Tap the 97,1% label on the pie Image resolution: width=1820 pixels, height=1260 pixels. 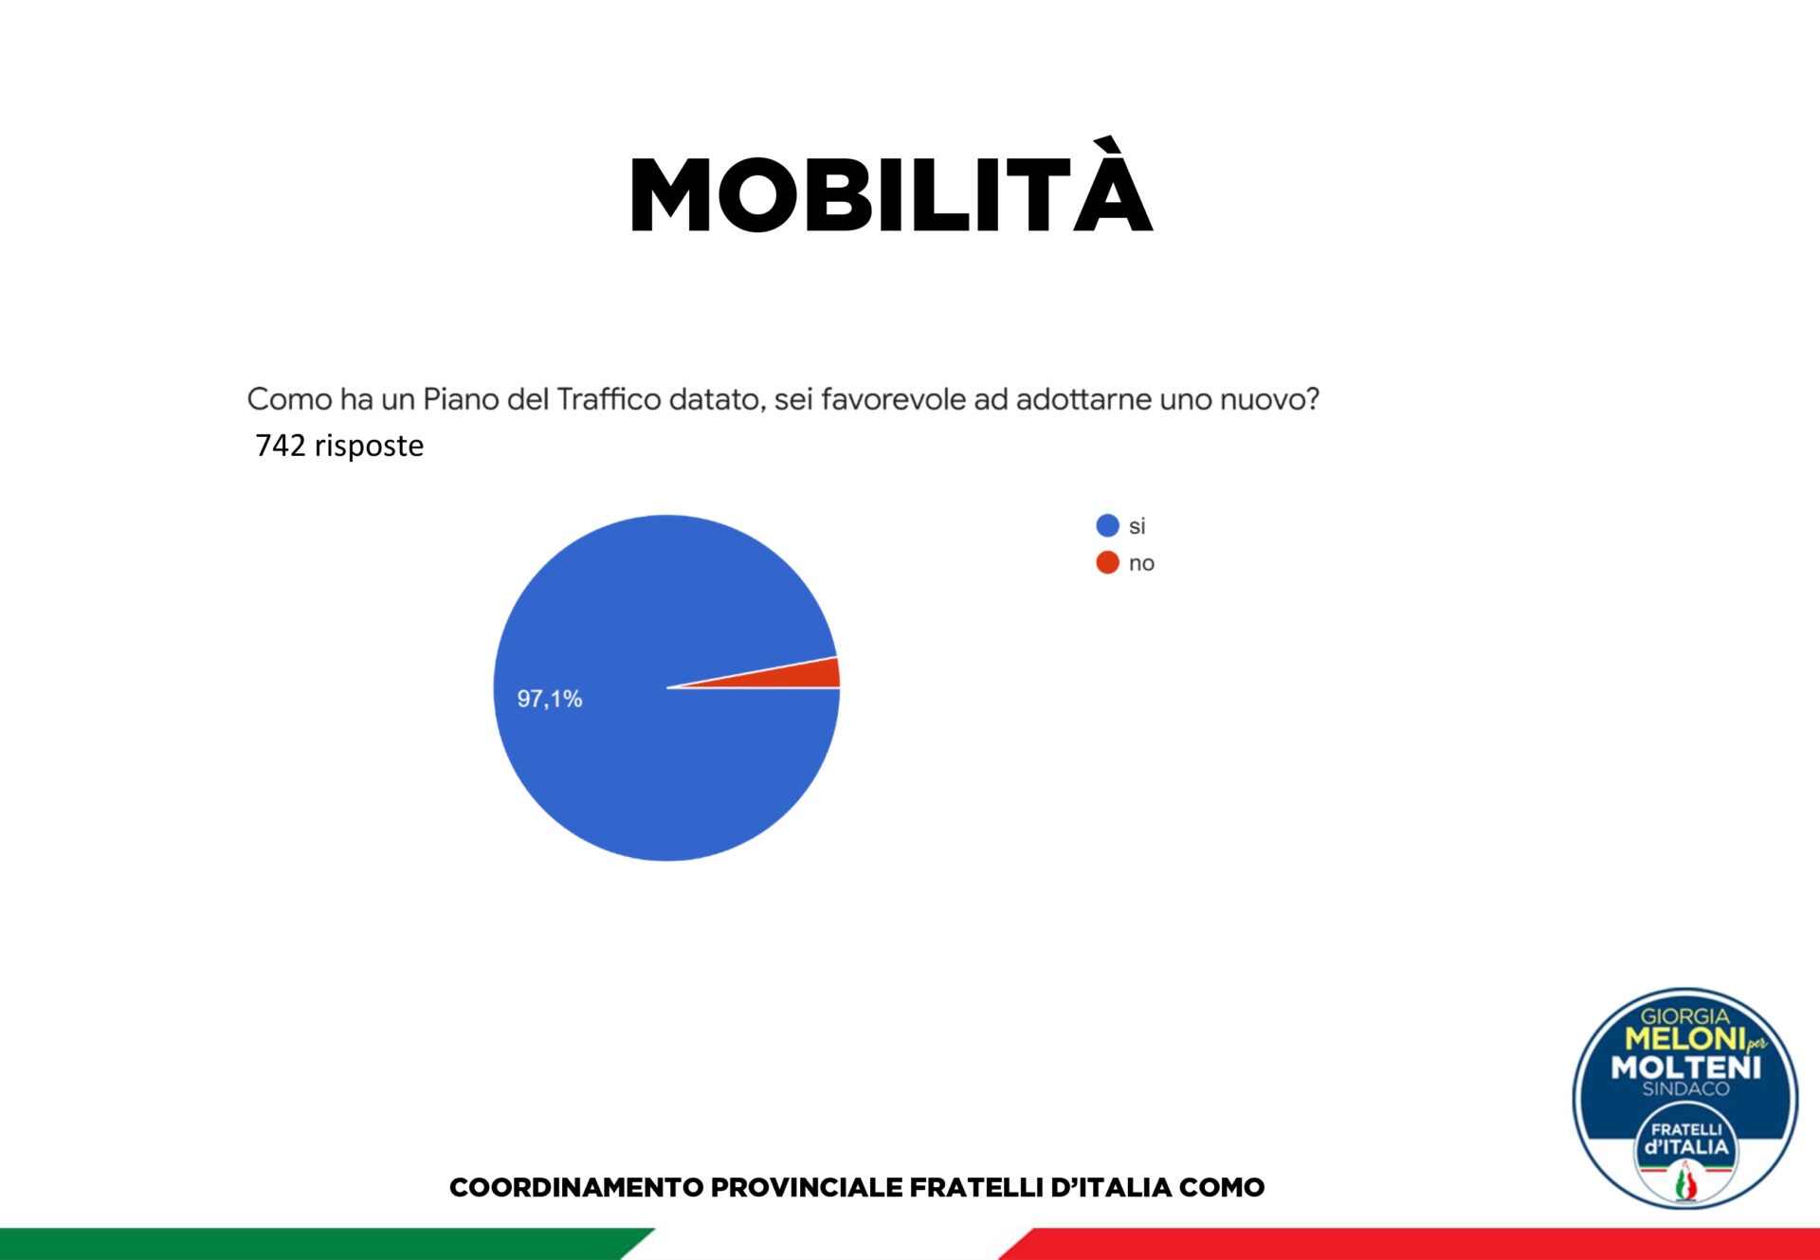[550, 699]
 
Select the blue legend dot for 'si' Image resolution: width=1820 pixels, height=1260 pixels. [1107, 525]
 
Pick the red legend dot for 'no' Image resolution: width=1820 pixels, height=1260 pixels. [1107, 562]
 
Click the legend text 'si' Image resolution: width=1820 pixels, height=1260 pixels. [1137, 526]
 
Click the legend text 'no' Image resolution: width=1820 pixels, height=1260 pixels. [1141, 563]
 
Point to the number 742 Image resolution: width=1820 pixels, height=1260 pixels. [281, 445]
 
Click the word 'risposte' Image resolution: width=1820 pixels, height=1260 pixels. [369, 446]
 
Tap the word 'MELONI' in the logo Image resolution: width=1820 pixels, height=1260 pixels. [1684, 1038]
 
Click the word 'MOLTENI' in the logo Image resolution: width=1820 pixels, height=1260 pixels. [1686, 1068]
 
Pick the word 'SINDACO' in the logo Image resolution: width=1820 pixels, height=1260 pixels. [1685, 1089]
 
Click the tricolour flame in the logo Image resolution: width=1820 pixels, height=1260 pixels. [1685, 1181]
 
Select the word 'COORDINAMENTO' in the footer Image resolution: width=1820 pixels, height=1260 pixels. [576, 1187]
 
